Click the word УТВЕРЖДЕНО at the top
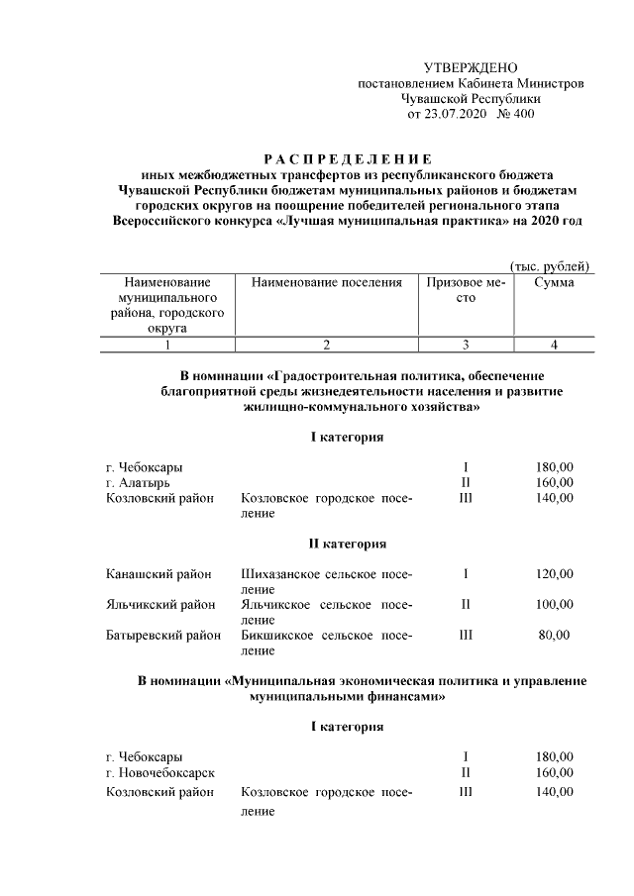point(471,67)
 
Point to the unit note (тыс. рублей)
point(550,265)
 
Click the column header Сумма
point(553,282)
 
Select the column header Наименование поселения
point(326,282)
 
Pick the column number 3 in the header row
point(466,345)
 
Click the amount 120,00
point(554,574)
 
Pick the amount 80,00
point(554,636)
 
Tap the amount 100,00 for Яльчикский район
point(554,605)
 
